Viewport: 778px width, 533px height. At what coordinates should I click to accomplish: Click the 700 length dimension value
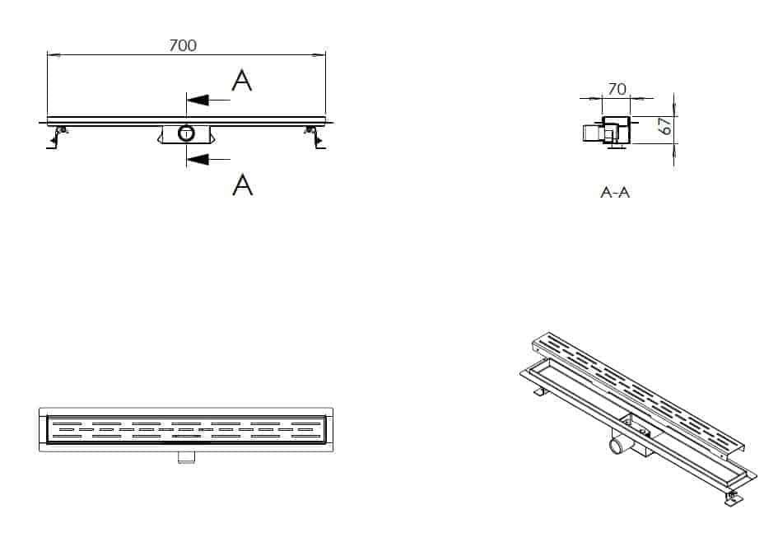[x=183, y=45]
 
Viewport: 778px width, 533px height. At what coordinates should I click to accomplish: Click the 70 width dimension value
[x=617, y=89]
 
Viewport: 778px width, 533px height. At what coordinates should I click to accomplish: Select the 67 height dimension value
[x=666, y=125]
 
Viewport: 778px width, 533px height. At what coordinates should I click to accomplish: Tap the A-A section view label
[x=615, y=192]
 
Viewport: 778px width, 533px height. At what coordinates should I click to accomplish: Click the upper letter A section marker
[x=242, y=81]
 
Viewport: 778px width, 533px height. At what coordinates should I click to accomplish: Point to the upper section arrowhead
[x=198, y=101]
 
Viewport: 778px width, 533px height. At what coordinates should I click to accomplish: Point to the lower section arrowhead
[x=198, y=159]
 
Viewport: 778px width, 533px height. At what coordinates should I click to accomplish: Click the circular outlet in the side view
[x=187, y=133]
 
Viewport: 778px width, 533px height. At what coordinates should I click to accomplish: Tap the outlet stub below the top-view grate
[x=186, y=457]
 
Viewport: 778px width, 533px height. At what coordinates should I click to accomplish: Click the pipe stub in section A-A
[x=593, y=133]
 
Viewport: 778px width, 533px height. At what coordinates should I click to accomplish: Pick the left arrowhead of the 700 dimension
[x=54, y=54]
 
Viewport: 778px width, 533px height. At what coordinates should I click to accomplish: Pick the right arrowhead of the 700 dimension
[x=319, y=54]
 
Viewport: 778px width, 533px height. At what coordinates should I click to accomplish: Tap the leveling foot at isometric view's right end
[x=733, y=498]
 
